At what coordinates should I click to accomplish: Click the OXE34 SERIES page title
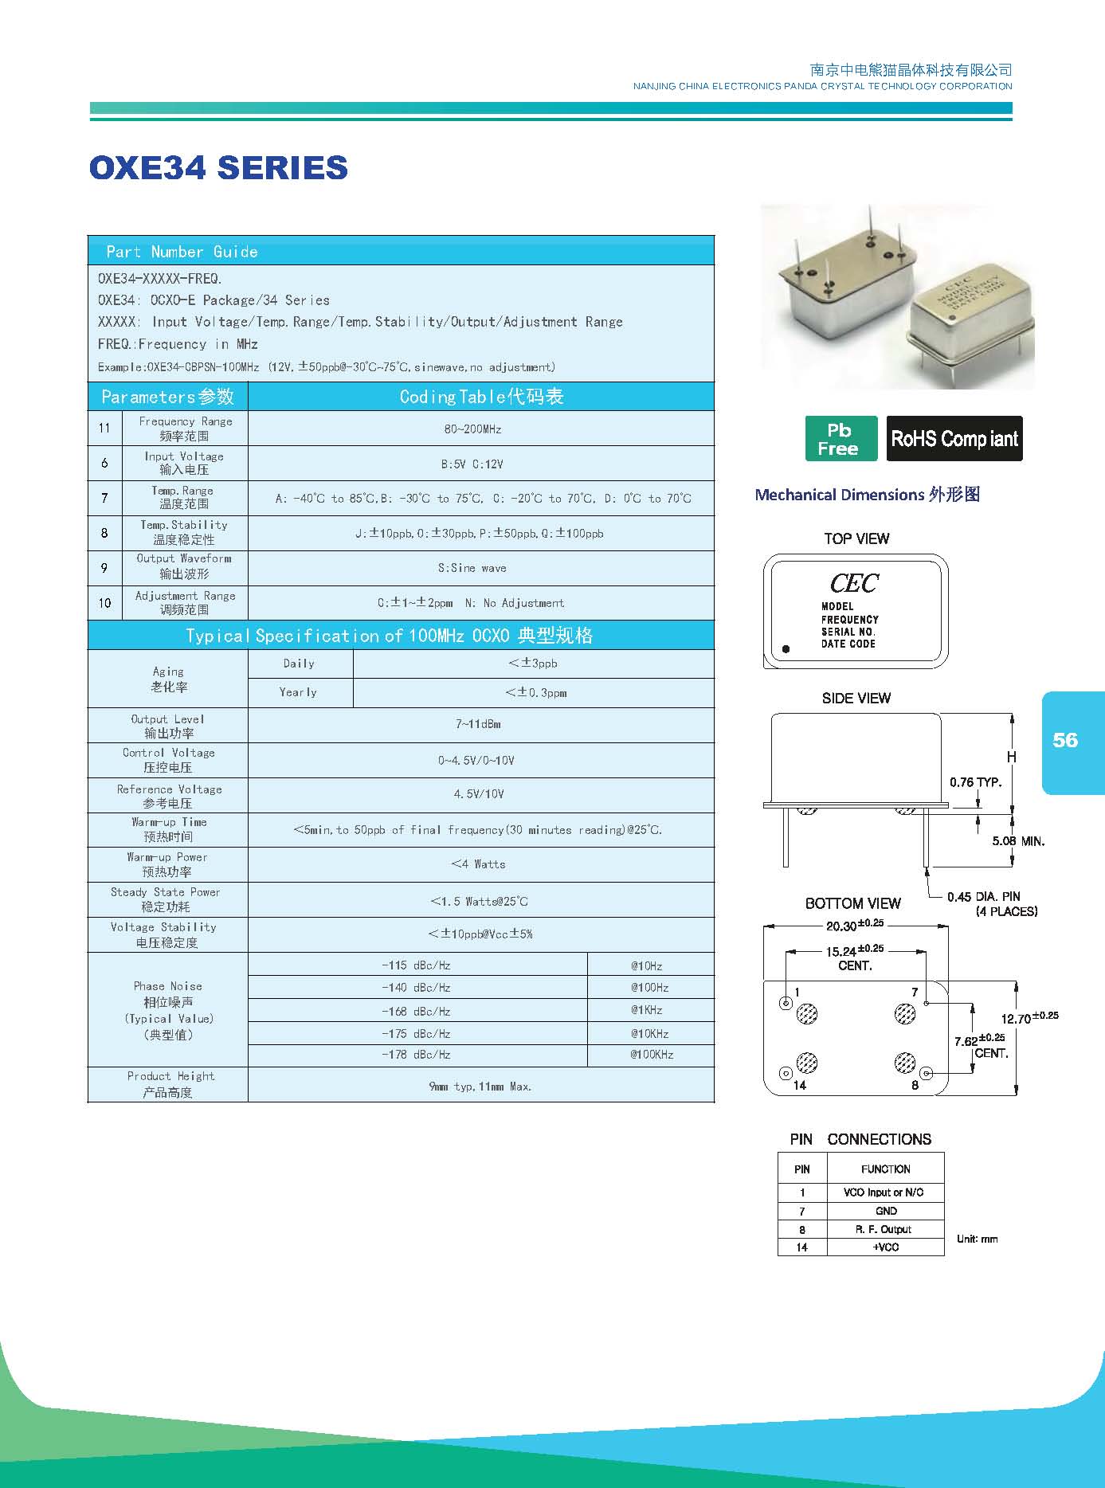[x=218, y=167]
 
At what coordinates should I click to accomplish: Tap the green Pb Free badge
[x=841, y=438]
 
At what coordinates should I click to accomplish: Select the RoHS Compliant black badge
[x=954, y=438]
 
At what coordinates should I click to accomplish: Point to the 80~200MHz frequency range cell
[x=473, y=429]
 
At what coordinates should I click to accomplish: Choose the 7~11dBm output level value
[x=478, y=724]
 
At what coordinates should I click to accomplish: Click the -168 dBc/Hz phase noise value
[x=416, y=1011]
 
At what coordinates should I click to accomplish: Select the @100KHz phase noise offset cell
[x=652, y=1055]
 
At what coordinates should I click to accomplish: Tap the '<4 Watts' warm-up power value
[x=478, y=864]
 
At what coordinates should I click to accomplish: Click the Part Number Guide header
[x=182, y=252]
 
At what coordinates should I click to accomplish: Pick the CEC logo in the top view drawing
[x=854, y=583]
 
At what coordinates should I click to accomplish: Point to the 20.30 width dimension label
[x=855, y=925]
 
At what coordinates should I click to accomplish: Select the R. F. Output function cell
[x=885, y=1229]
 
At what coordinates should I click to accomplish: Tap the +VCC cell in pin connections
[x=885, y=1247]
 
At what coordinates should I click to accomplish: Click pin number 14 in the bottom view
[x=800, y=1085]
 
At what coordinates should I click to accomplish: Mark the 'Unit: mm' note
[x=977, y=1239]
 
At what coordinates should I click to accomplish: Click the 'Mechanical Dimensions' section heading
[x=867, y=495]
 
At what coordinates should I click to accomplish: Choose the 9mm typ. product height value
[x=480, y=1087]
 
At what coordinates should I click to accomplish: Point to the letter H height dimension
[x=1012, y=757]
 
